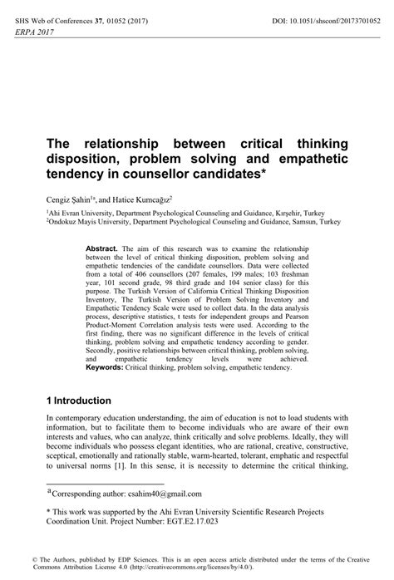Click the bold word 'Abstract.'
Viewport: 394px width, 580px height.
[102, 249]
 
